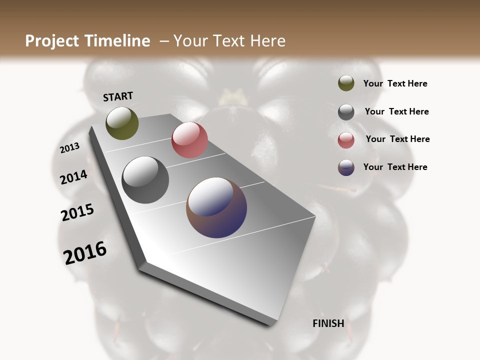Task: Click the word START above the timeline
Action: click(118, 96)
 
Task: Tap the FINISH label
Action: click(328, 323)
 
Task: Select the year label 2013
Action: click(70, 148)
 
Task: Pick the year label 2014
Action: click(74, 177)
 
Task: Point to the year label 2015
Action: click(77, 212)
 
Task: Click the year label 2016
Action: click(85, 253)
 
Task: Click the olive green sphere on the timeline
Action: click(122, 123)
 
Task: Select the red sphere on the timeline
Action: click(189, 140)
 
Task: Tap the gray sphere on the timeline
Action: click(145, 180)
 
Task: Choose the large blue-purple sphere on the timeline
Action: click(216, 207)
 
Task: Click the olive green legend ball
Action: click(346, 83)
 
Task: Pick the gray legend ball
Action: click(346, 111)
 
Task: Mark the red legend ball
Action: click(346, 140)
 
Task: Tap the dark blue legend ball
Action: click(346, 167)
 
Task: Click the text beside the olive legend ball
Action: click(395, 84)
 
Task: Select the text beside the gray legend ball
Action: click(397, 111)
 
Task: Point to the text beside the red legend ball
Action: click(398, 139)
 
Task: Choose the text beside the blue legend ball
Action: click(395, 167)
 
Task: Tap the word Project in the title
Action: click(52, 41)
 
